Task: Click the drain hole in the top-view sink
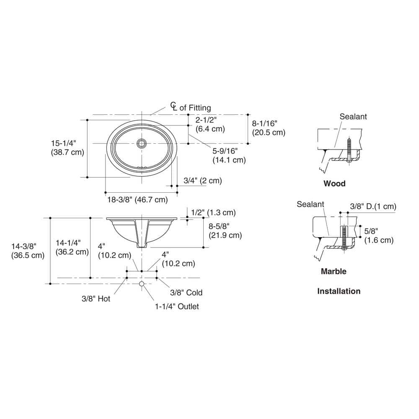point(142,143)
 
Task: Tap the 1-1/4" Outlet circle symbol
point(142,284)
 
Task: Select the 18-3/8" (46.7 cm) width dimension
point(137,199)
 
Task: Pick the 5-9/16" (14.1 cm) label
point(229,155)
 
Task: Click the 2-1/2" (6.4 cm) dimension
point(210,124)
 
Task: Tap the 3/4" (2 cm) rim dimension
point(202,181)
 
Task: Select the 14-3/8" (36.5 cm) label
point(28,251)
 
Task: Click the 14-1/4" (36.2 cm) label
point(72,247)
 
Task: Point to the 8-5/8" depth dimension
point(225,230)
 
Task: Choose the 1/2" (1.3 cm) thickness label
point(213,212)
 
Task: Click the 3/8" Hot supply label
point(96,298)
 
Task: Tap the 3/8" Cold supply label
point(186,292)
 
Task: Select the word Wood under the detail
point(334,184)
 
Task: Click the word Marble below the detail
point(334,271)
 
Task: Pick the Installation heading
point(339,291)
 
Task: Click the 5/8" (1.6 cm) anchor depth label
point(379,235)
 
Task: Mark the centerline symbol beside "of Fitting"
point(174,106)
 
